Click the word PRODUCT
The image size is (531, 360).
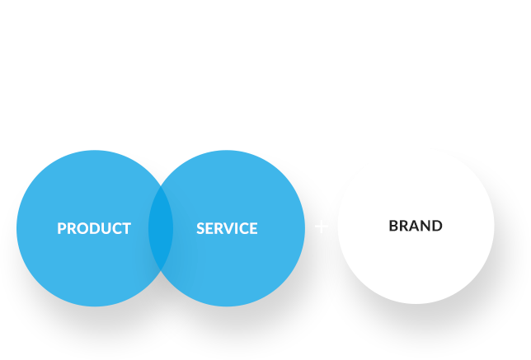pos(94,228)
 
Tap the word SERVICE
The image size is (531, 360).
pos(227,228)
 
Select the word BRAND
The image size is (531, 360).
pos(416,226)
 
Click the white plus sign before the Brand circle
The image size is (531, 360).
pos(321,227)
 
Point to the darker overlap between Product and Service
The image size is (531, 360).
pos(161,228)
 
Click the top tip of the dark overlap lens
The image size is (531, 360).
pos(161,185)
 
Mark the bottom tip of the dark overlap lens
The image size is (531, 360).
pos(161,271)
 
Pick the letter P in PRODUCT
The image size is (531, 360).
pos(62,228)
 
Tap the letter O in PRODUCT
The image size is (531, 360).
pos(83,228)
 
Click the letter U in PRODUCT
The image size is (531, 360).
pos(106,228)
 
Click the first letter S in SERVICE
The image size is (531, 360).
pos(201,228)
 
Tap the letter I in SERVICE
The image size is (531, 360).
pos(239,228)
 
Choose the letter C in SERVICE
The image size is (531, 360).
pos(247,228)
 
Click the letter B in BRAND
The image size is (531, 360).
pos(393,226)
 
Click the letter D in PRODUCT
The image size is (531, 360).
pos(96,228)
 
